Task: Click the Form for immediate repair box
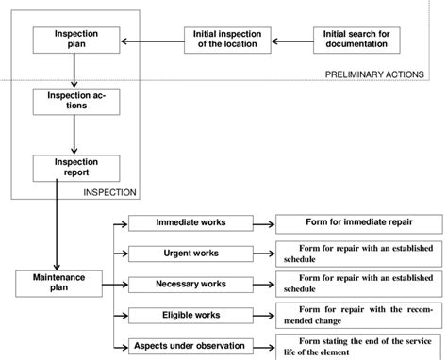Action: coord(358,224)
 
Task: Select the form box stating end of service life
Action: coord(358,344)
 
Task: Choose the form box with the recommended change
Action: coord(358,314)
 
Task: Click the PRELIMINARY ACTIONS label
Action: coord(382,74)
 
